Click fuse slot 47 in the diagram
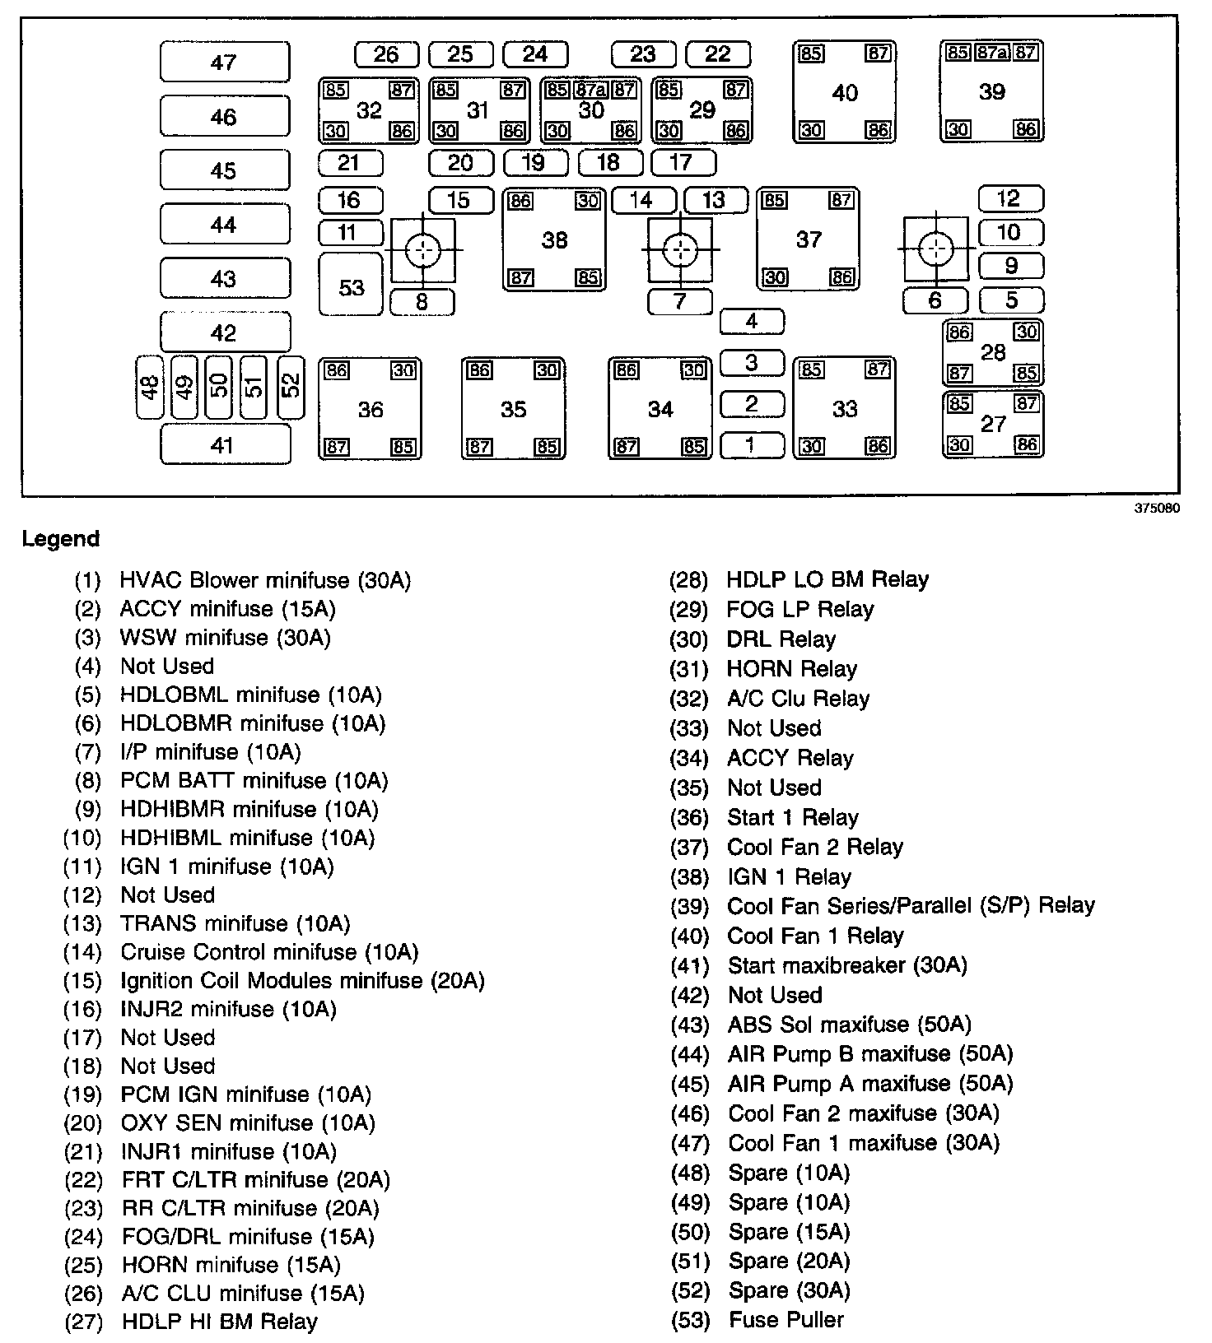pos(225,63)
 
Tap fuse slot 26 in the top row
pos(386,55)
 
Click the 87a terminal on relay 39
pos(991,53)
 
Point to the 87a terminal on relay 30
pos(591,89)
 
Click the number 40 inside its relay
pos(845,92)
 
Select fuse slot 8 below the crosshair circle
pos(422,302)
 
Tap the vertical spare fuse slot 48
pos(150,387)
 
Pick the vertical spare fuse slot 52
pos(291,386)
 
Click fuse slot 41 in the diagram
pos(224,444)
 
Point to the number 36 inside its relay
pos(371,409)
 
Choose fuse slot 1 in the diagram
pos(751,445)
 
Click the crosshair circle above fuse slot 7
pos(679,249)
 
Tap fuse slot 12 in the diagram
pos(1009,199)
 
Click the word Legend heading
pos(60,539)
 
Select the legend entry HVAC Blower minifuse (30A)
pos(265,581)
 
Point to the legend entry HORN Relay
pos(791,669)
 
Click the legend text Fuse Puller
pos(786,1320)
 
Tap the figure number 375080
pos(1157,509)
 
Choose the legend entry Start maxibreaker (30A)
pos(847,965)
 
